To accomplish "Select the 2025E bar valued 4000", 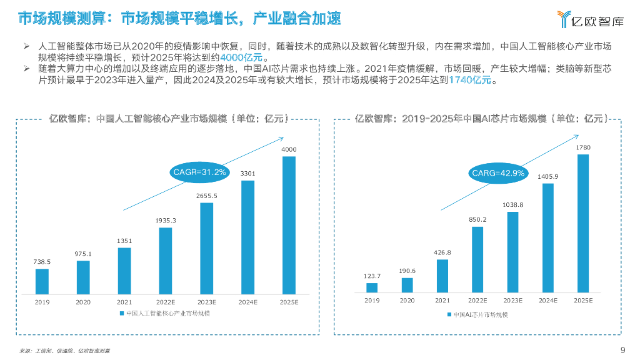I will click(289, 225).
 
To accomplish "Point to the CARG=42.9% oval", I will click(497, 173).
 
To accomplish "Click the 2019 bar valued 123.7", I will click(372, 287).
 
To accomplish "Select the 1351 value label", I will click(124, 241).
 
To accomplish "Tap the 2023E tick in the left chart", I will click(206, 301).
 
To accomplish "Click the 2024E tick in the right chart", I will click(547, 301).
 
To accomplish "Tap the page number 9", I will click(622, 349).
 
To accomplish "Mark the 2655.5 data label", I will click(206, 196).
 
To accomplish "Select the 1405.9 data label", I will click(547, 176).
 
